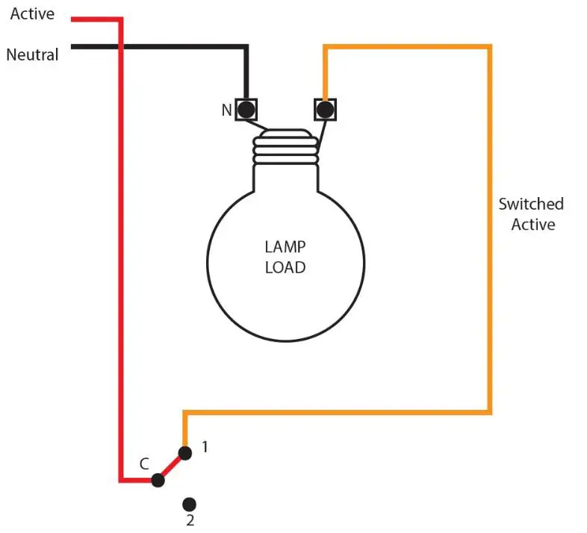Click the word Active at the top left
tap(32, 14)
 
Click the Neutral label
tap(32, 54)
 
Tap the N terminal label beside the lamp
tap(226, 110)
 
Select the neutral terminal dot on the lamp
tap(246, 110)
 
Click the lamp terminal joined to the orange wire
tap(325, 110)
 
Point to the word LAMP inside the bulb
tap(285, 246)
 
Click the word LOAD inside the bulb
tap(285, 266)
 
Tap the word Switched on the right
tap(531, 204)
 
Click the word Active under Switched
tap(532, 224)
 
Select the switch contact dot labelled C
tap(158, 480)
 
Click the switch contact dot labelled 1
tap(184, 452)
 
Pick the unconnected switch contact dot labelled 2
tap(190, 504)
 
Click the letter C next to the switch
tap(144, 464)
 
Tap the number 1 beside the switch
tap(205, 448)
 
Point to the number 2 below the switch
tap(190, 520)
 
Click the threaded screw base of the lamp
tap(285, 147)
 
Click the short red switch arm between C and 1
tap(171, 467)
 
